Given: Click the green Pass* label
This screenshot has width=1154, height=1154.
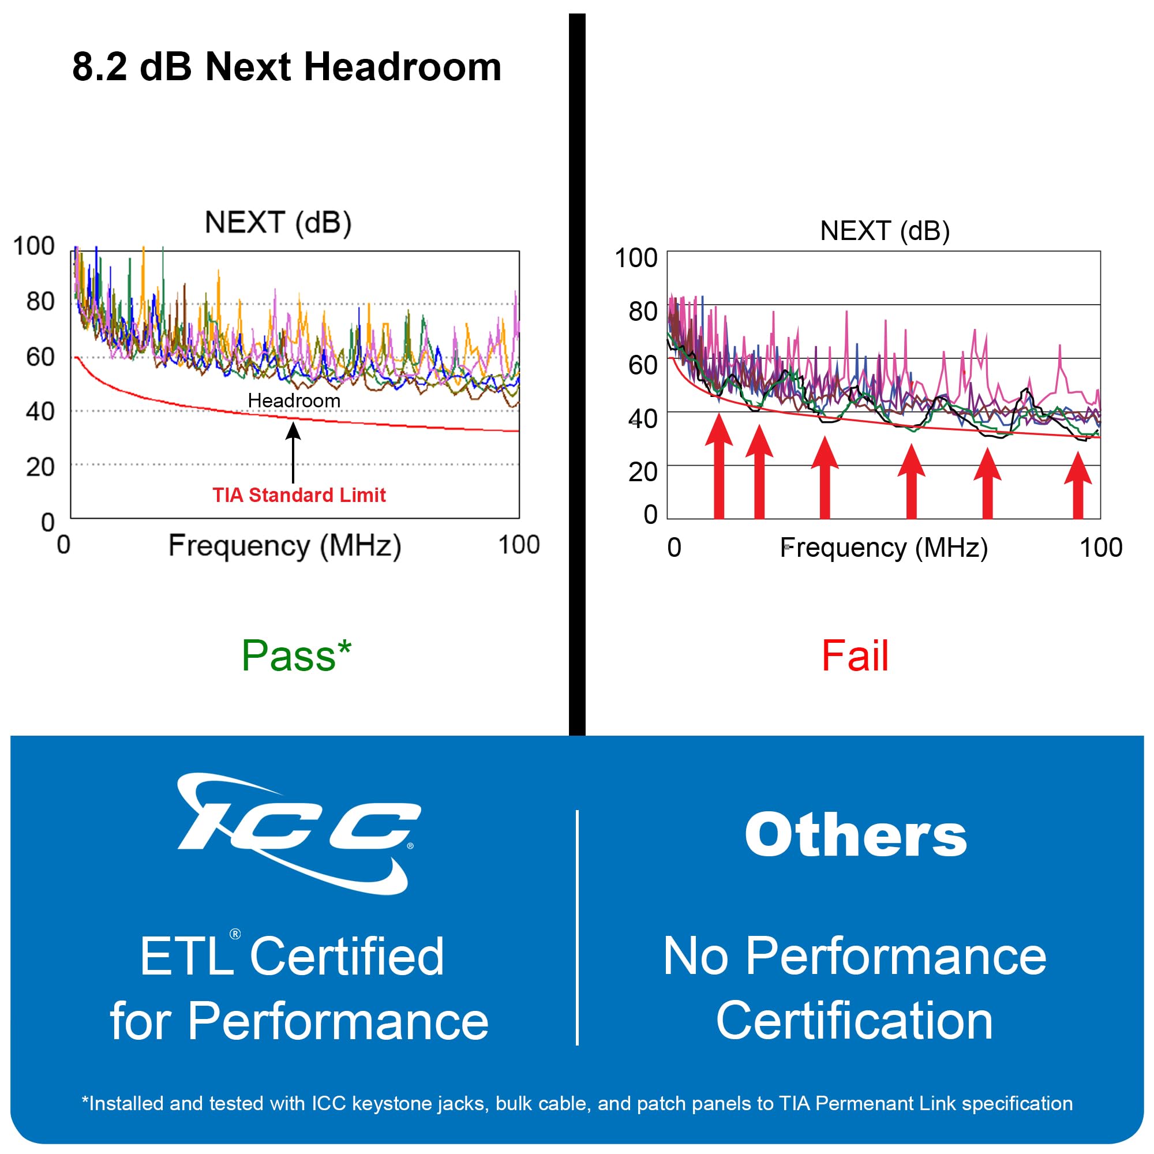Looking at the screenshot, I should tap(296, 655).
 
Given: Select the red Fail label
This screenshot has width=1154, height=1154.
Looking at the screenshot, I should tap(855, 655).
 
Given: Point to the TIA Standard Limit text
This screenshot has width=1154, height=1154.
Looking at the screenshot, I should tap(299, 495).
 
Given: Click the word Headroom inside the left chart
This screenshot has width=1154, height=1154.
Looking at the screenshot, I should tap(294, 401).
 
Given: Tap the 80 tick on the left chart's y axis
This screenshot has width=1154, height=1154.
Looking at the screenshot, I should tap(40, 301).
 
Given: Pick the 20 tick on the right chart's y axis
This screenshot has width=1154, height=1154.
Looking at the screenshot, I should tap(643, 472).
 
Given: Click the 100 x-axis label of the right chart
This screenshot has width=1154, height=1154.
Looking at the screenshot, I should tap(1101, 548).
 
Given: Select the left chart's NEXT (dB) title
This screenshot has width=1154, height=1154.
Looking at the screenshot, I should tap(278, 223).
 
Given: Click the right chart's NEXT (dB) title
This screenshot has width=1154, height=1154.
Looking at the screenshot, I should tap(885, 231).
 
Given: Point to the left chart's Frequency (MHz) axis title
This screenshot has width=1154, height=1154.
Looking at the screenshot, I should tap(284, 546).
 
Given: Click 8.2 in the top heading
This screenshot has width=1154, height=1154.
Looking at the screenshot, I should tap(99, 67).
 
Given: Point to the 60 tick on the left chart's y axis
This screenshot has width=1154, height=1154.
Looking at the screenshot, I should tap(40, 357).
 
